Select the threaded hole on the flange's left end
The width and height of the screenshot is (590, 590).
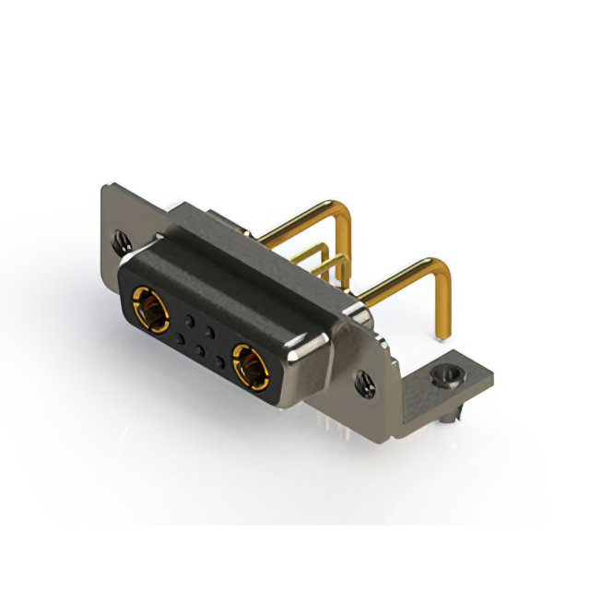point(120,242)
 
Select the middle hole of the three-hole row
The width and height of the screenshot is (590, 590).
point(200,352)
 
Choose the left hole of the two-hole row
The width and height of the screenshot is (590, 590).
point(190,319)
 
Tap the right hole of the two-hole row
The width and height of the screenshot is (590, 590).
point(210,329)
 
